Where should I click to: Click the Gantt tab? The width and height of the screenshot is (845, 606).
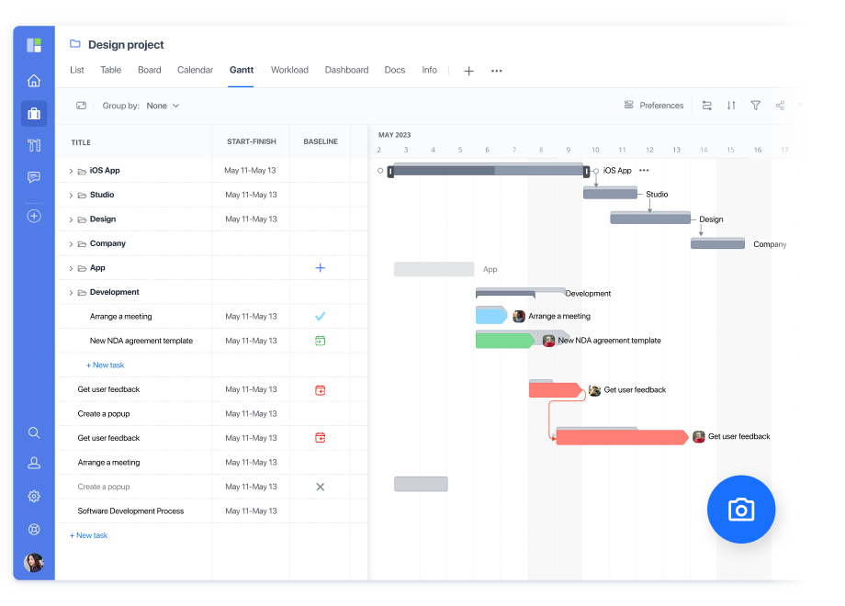point(241,70)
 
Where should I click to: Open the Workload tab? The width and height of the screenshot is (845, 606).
point(289,70)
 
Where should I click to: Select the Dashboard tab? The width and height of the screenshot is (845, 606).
point(346,70)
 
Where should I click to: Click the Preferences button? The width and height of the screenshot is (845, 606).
point(654,106)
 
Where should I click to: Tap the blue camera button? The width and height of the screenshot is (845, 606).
point(741,510)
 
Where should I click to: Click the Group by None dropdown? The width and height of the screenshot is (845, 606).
point(163,106)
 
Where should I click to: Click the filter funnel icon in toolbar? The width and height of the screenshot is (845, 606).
point(756,106)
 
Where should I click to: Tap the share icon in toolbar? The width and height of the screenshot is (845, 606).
point(780,106)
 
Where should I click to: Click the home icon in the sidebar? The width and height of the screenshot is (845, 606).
point(34,81)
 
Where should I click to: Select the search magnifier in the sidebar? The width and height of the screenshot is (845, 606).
point(34,432)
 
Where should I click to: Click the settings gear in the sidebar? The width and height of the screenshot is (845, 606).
point(34,496)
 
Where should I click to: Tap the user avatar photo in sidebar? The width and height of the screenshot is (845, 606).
point(34,562)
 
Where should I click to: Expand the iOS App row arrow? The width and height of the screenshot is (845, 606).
point(71,171)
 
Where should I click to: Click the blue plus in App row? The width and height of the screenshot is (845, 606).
point(321,268)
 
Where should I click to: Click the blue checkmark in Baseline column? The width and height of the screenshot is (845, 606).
point(321,316)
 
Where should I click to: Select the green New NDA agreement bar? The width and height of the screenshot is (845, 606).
point(503,341)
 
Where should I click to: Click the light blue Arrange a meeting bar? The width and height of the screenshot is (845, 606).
point(490,316)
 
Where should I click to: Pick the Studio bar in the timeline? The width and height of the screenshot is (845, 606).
point(610,194)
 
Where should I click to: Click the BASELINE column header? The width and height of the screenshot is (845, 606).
point(321,141)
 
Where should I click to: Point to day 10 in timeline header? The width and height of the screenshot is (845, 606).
point(595,150)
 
